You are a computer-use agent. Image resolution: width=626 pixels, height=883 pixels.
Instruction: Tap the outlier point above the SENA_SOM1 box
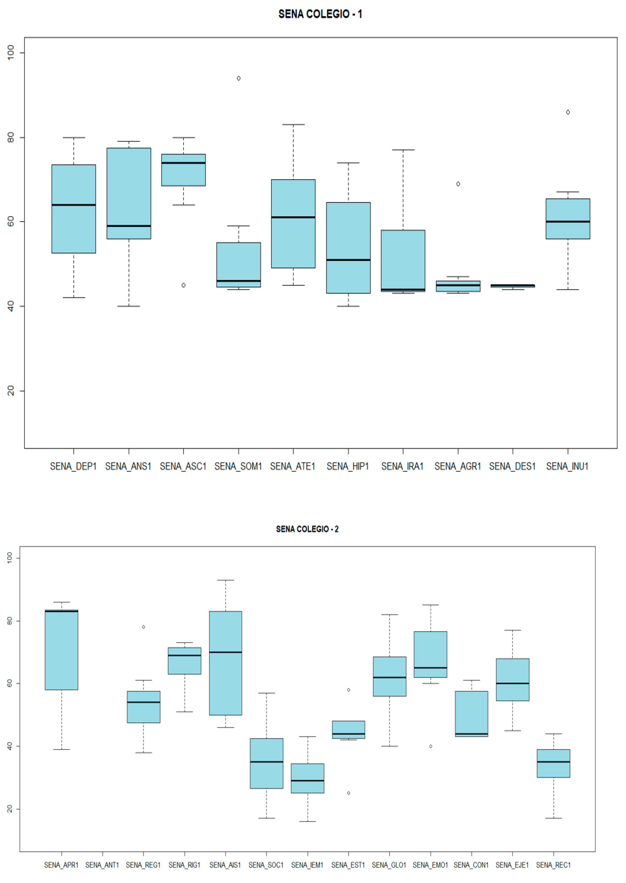[x=239, y=78]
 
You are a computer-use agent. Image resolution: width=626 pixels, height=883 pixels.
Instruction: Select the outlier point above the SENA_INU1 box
[x=568, y=112]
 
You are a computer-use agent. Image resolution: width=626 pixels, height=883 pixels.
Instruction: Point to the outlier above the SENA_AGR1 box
[x=458, y=184]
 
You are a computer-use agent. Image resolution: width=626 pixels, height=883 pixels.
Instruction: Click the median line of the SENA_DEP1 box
[x=74, y=205]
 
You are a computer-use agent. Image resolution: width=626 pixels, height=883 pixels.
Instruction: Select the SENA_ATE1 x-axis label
[x=293, y=466]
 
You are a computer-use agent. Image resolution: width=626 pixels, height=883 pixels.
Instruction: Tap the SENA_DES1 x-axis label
[x=512, y=466]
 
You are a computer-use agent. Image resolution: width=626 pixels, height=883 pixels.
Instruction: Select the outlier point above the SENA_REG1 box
[x=143, y=627]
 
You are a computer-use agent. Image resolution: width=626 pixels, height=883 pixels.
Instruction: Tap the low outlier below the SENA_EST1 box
[x=348, y=793]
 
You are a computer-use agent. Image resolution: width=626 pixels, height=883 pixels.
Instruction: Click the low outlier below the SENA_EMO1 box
[x=431, y=746]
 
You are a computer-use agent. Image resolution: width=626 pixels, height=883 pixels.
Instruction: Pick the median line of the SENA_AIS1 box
[x=225, y=652]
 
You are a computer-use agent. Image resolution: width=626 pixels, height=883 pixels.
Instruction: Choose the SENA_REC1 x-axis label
[x=553, y=865]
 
